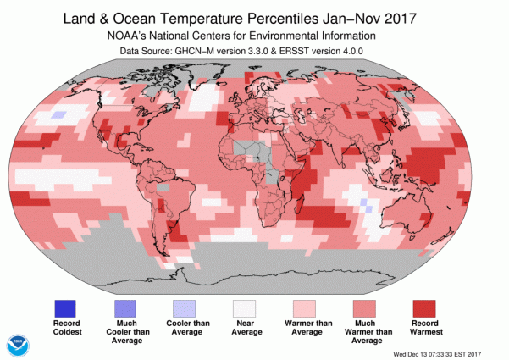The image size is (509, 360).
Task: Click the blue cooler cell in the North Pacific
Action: pyautogui.click(x=58, y=114)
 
